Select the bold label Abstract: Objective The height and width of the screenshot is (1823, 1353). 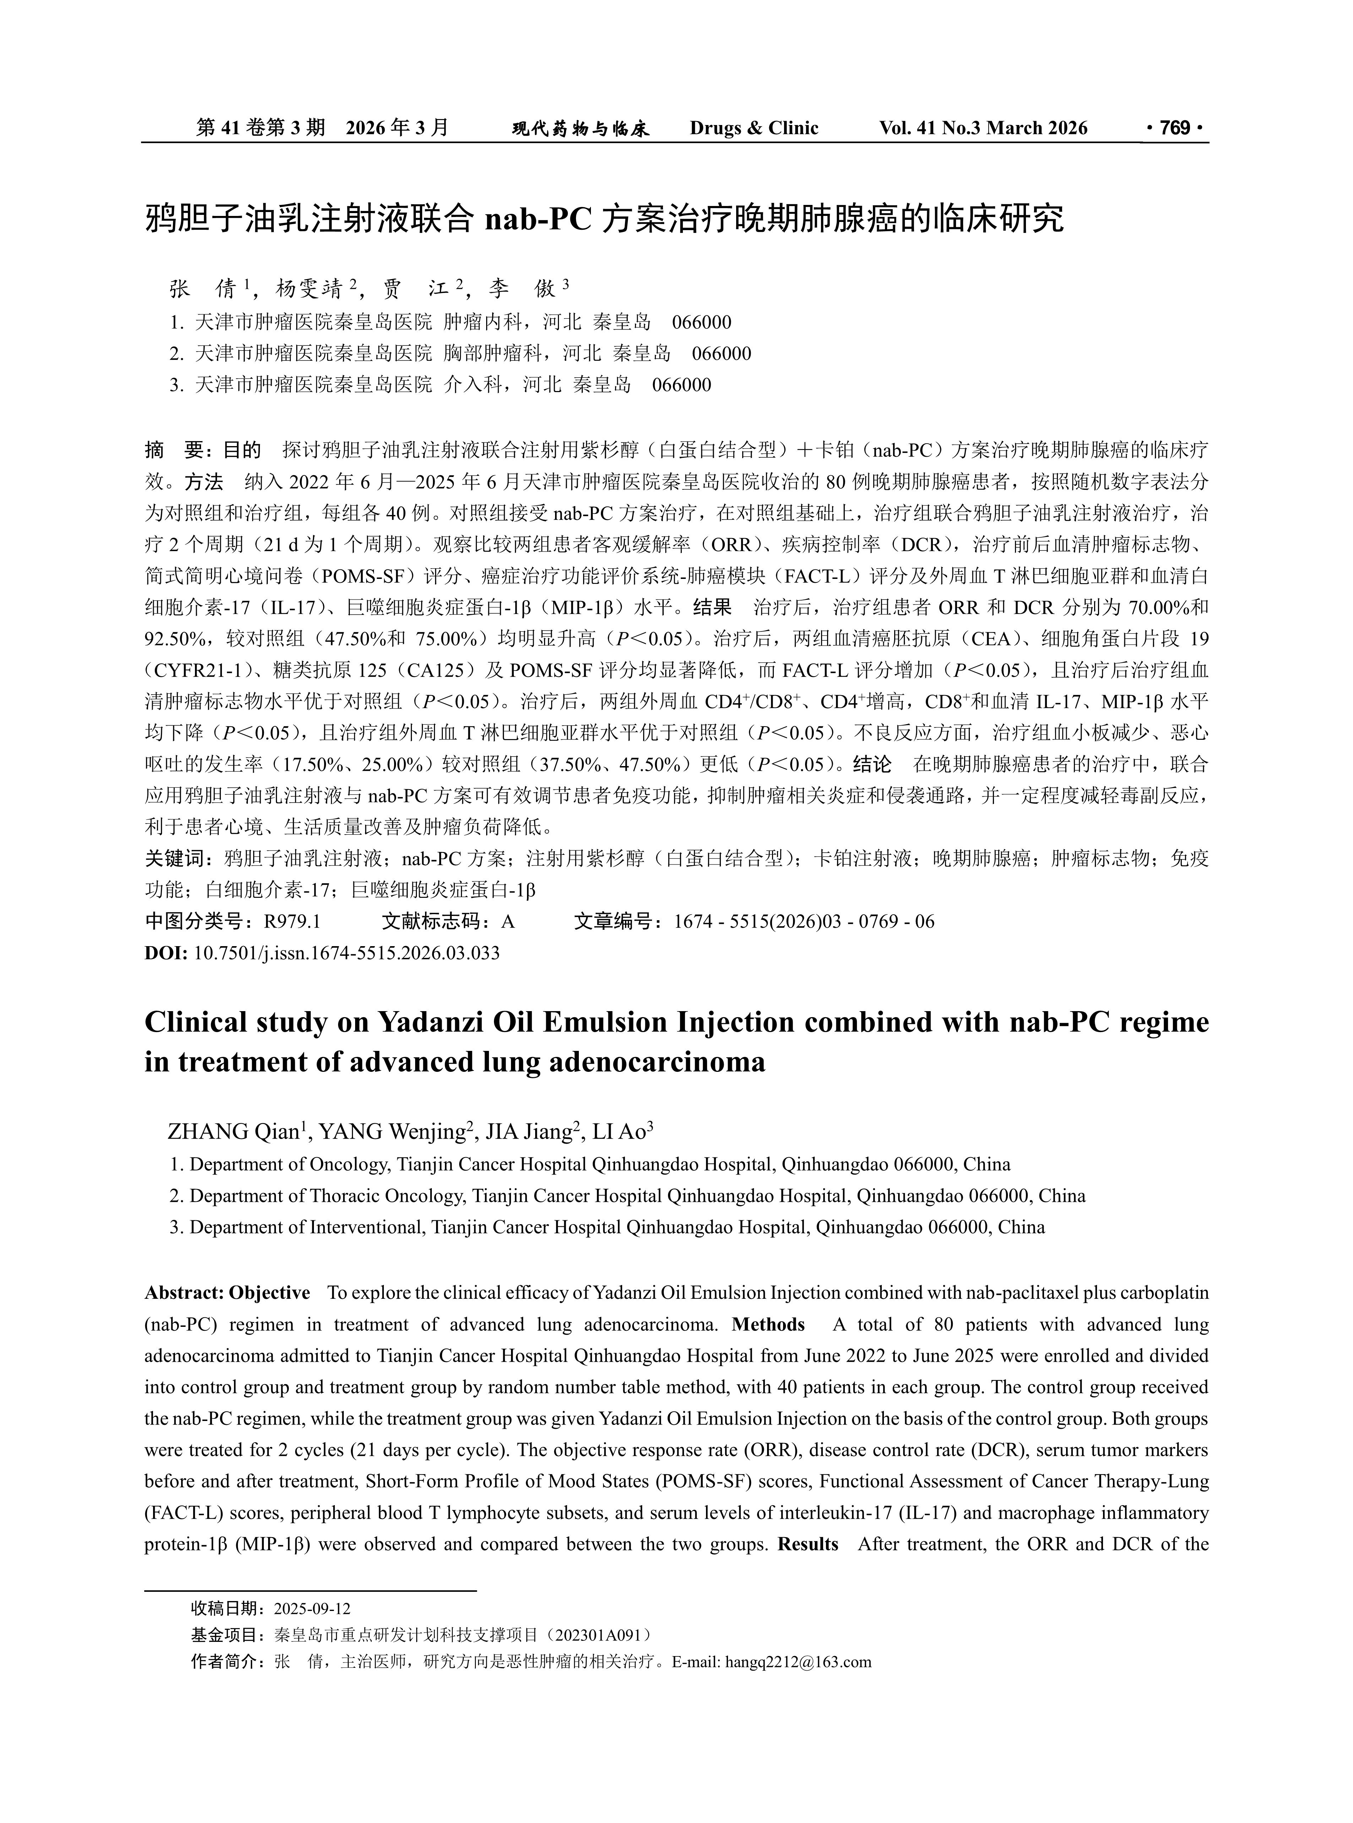click(228, 1292)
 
